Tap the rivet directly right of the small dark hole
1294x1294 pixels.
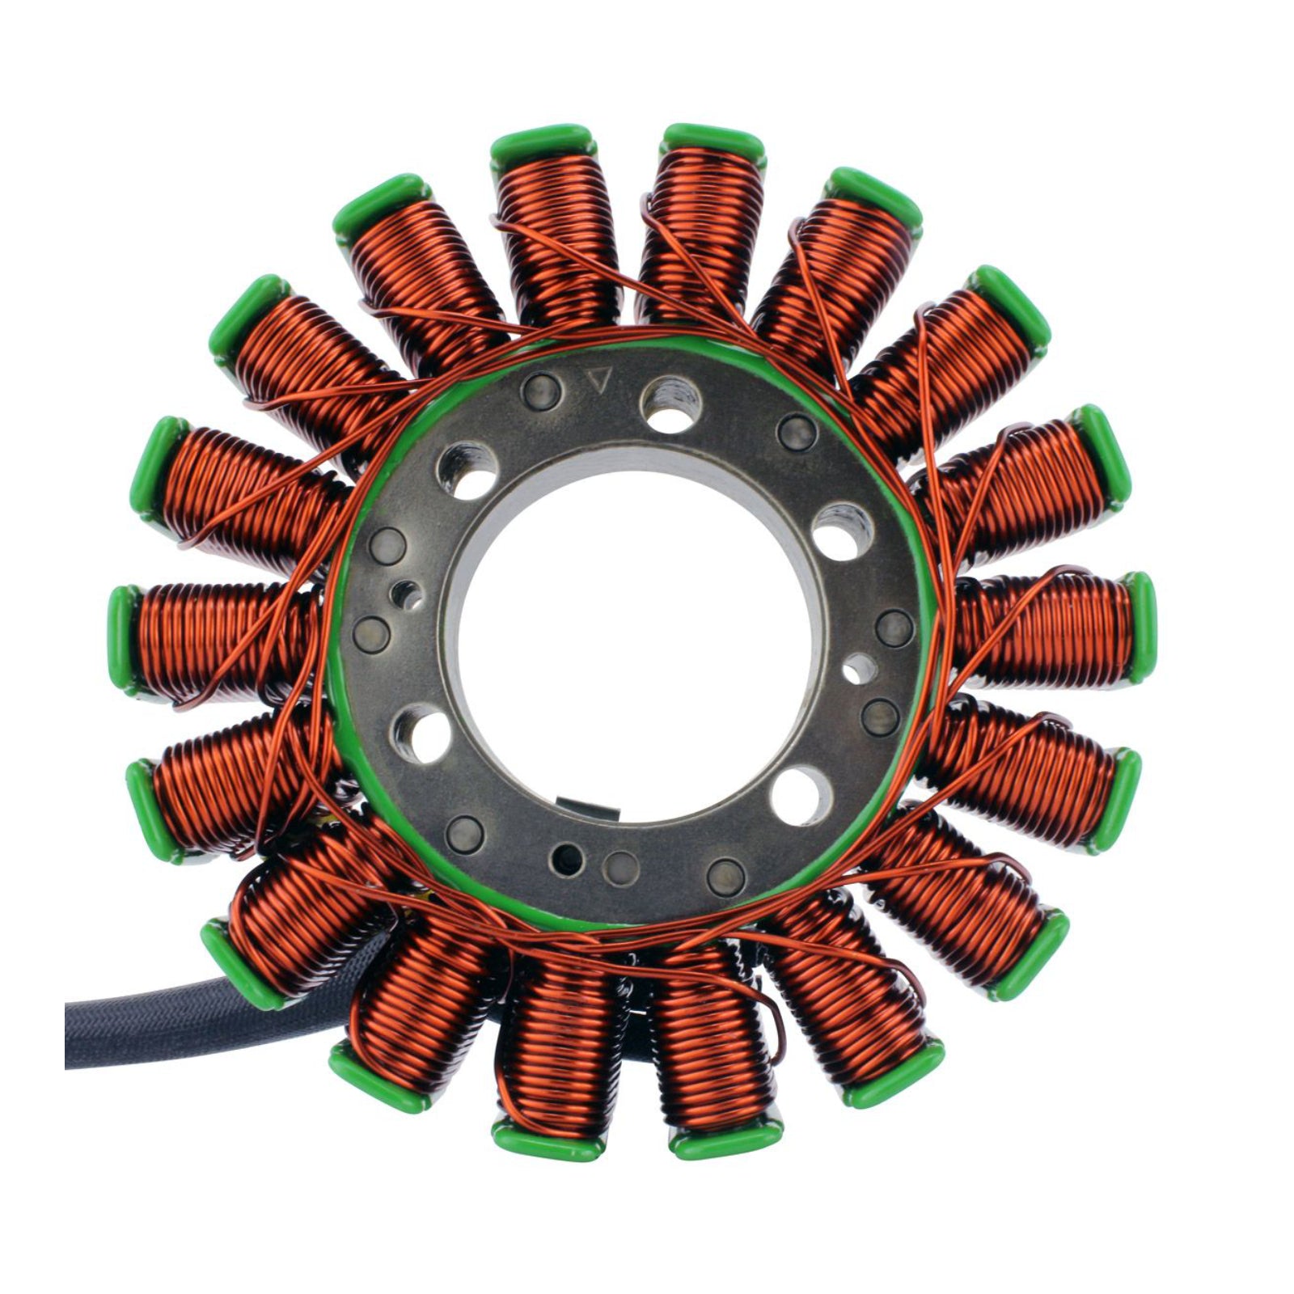click(620, 863)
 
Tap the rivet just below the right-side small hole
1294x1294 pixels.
click(880, 714)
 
